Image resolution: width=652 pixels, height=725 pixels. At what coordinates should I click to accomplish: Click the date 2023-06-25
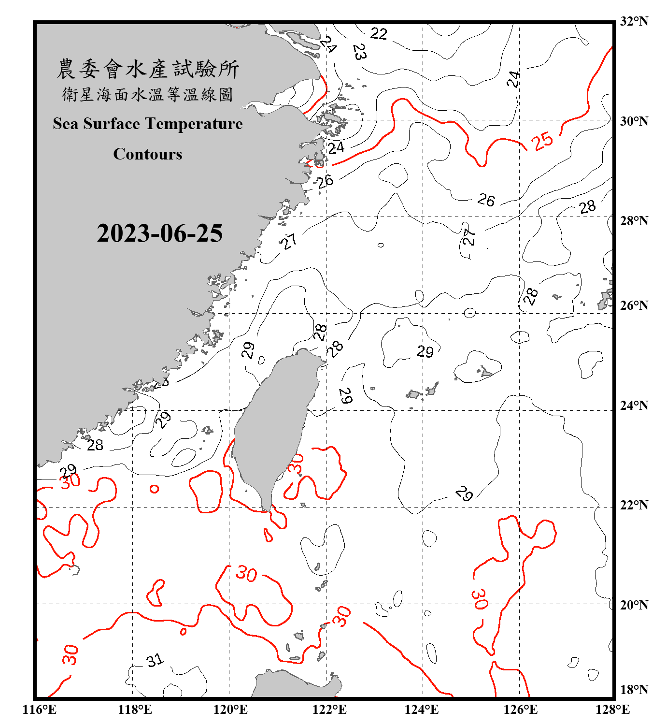pos(159,233)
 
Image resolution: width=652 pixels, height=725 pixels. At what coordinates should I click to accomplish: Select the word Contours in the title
pos(148,154)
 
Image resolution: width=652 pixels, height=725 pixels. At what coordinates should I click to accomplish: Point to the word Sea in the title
pos(66,124)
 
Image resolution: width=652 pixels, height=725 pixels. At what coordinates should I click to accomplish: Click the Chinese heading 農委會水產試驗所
pos(148,69)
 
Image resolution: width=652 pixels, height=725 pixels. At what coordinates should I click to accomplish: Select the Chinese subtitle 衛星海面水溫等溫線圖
pos(148,94)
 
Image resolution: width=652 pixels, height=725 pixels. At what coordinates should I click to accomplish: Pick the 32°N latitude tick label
pos(634,21)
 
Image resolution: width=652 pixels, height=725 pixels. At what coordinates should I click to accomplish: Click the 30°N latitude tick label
pos(634,121)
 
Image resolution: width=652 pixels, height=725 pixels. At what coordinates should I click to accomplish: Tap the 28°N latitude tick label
pos(634,221)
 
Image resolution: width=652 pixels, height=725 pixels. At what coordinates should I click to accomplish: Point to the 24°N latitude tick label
pos(634,406)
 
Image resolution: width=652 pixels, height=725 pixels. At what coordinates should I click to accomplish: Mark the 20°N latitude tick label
pos(634,605)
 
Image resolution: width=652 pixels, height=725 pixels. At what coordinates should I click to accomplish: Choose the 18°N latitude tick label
pos(634,690)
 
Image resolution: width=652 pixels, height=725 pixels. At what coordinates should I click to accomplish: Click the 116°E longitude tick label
pos(40,710)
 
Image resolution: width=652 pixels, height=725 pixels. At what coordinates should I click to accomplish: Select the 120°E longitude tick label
pos(230,710)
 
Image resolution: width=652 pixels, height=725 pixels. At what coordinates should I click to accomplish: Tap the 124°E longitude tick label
pos(422,710)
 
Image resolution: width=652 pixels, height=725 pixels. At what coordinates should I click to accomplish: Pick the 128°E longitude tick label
pos(612,710)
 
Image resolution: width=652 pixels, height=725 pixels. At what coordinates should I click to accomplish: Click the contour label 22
pos(379,33)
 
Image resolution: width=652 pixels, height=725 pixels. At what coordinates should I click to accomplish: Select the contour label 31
pos(155,660)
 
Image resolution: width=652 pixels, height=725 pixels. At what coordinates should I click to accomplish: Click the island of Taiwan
pos(273,425)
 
